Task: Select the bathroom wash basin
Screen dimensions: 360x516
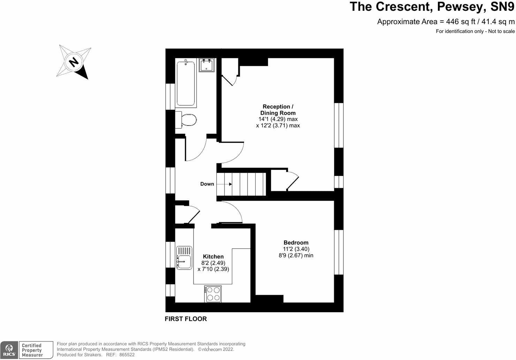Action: pyautogui.click(x=207, y=65)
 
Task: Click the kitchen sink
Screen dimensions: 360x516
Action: pyautogui.click(x=184, y=258)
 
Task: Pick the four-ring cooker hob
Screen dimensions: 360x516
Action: pyautogui.click(x=213, y=294)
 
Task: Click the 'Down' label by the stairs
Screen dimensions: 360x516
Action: pyautogui.click(x=207, y=184)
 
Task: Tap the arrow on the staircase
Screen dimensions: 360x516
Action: pyautogui.click(x=225, y=184)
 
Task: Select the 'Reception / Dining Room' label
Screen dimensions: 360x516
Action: pyautogui.click(x=278, y=110)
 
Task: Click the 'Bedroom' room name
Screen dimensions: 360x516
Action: pyautogui.click(x=296, y=242)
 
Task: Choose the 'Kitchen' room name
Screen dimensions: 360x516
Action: pyautogui.click(x=213, y=256)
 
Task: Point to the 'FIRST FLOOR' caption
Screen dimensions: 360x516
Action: pyautogui.click(x=185, y=319)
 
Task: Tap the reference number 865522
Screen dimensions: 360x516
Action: pyautogui.click(x=127, y=355)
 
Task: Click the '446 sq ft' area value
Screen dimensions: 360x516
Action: pyautogui.click(x=461, y=22)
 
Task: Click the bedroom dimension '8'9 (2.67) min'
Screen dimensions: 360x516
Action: pyautogui.click(x=296, y=255)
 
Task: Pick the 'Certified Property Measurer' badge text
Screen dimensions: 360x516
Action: pyautogui.click(x=32, y=350)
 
